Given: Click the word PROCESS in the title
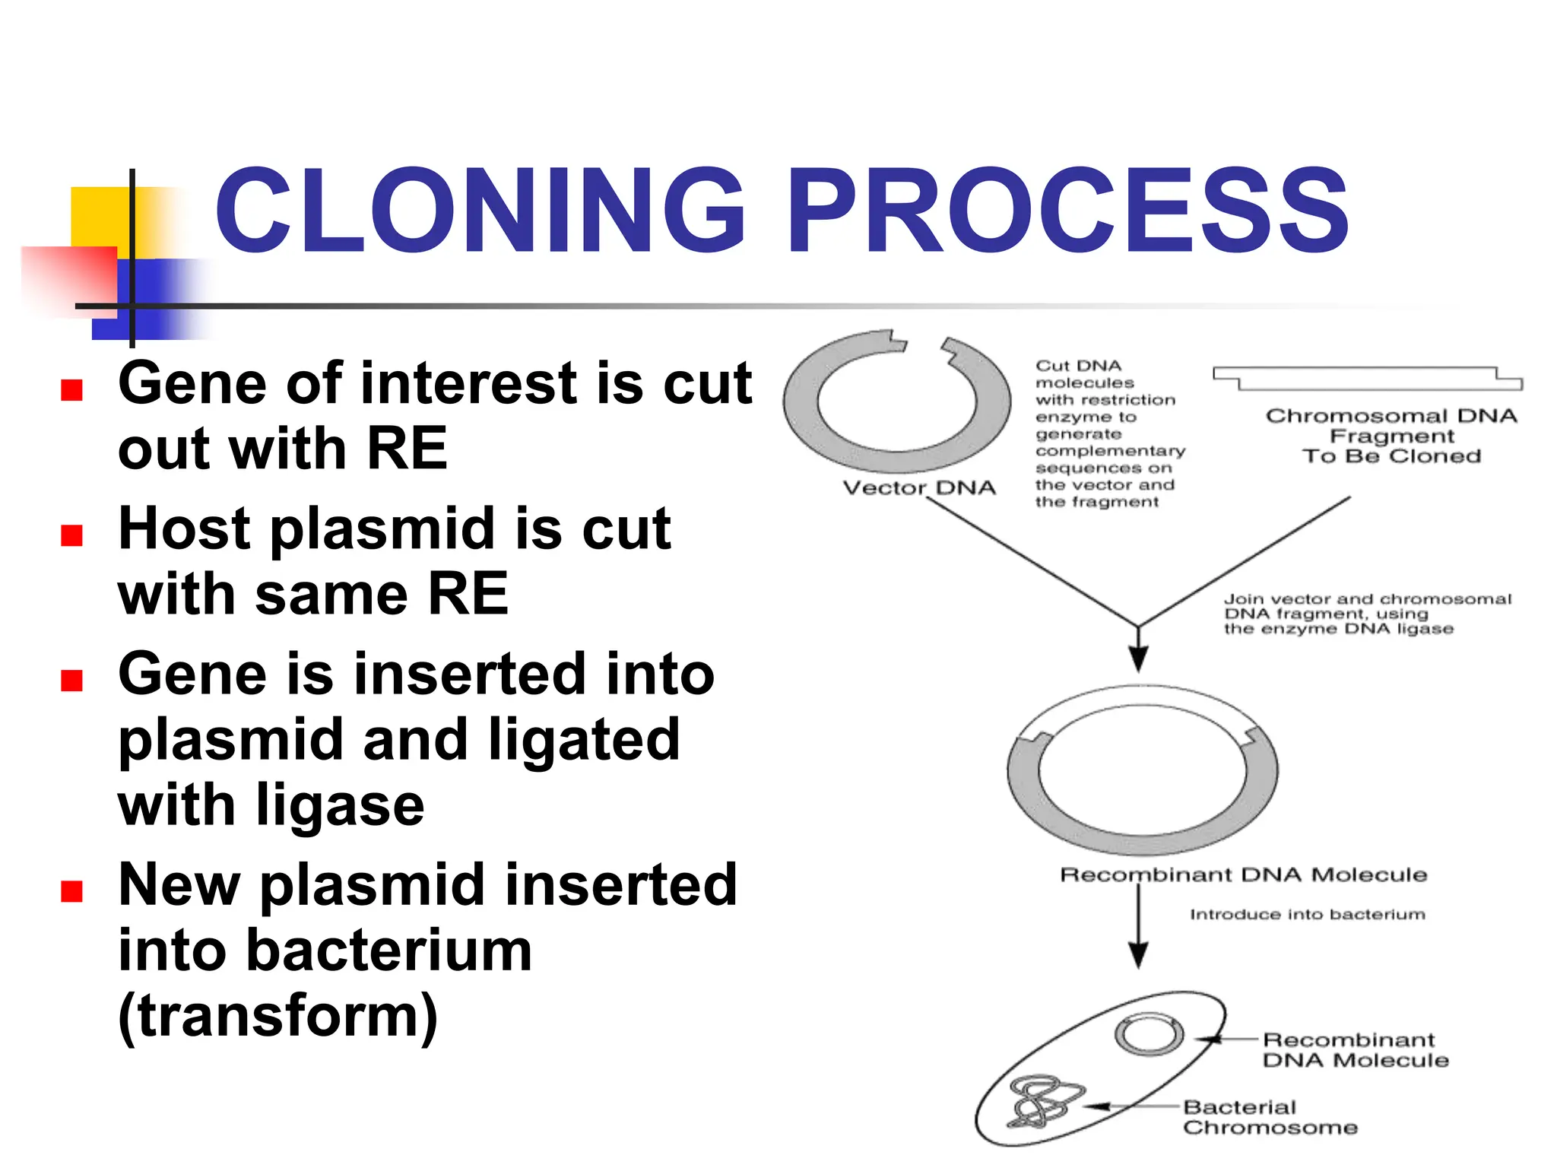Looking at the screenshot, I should click(1067, 211).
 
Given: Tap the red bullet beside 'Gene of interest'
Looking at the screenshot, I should click(71, 390).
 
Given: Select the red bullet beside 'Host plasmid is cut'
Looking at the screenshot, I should click(71, 535).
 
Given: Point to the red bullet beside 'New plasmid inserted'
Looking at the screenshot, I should click(71, 890).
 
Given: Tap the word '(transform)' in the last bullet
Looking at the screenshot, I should click(278, 1016).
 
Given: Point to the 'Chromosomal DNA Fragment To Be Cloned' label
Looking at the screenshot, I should click(1391, 436).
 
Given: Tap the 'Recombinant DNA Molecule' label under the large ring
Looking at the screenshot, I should click(1243, 874).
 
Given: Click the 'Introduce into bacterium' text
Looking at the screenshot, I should click(1307, 914).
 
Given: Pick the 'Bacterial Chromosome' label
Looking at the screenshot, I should click(1269, 1117).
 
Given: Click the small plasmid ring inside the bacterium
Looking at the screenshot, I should click(1149, 1035).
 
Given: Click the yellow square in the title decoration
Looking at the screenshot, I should click(99, 216).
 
